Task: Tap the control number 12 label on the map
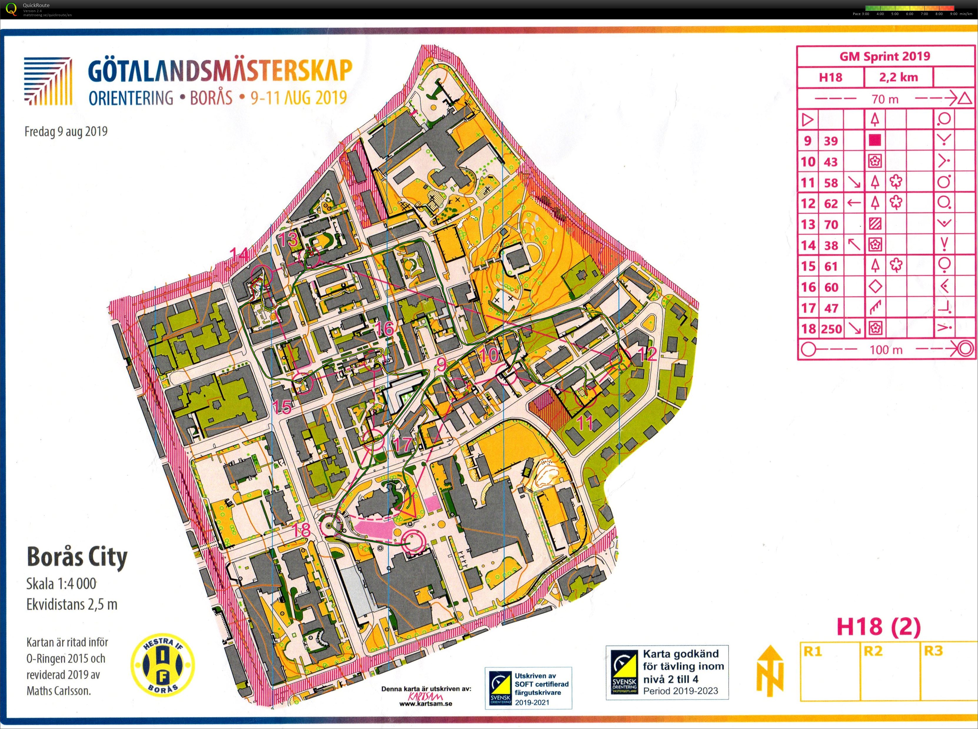click(647, 354)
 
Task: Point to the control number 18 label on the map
click(301, 530)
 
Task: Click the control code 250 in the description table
click(831, 329)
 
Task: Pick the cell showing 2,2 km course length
click(898, 77)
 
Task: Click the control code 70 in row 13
click(831, 224)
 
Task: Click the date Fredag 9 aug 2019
click(66, 132)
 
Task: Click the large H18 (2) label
click(878, 627)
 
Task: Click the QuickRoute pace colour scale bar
click(910, 8)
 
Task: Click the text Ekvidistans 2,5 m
click(72, 604)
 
